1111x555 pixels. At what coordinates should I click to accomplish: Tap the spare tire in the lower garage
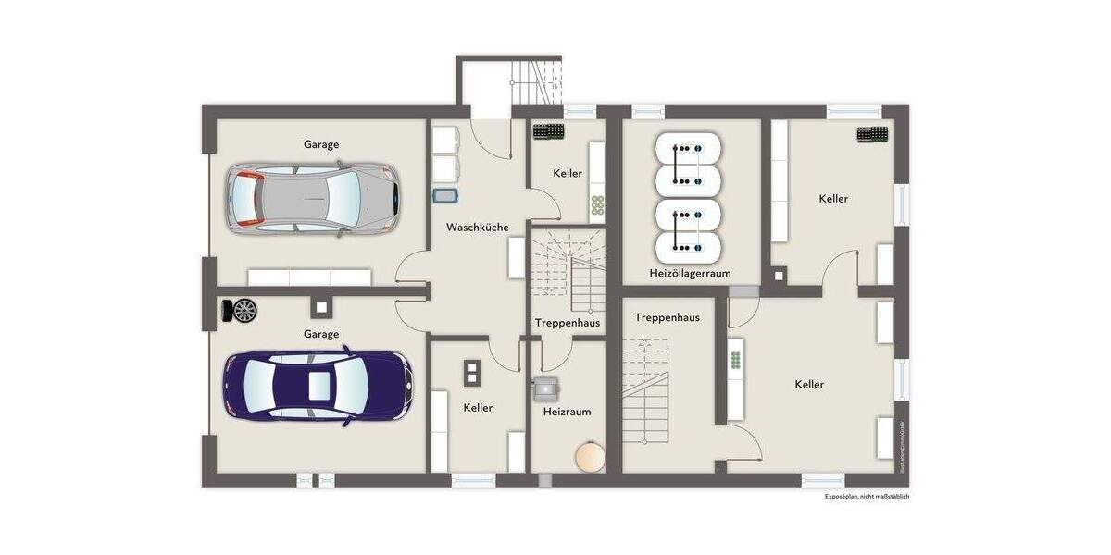245,311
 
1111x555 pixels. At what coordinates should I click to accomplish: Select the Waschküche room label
477,228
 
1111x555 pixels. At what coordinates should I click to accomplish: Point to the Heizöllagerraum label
690,274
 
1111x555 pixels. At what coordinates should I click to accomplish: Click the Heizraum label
567,412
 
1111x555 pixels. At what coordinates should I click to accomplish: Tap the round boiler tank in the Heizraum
589,457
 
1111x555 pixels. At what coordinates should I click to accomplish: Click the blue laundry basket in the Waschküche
445,196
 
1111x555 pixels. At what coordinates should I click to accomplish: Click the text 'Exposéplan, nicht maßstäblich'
867,497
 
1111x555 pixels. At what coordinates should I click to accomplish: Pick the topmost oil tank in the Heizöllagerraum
688,148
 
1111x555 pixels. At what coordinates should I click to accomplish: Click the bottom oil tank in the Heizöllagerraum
688,245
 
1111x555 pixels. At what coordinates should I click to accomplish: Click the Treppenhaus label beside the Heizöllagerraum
667,317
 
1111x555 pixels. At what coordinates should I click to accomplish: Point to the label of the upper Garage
320,144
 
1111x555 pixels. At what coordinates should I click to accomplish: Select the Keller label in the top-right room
833,199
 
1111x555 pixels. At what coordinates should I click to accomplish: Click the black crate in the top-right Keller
872,134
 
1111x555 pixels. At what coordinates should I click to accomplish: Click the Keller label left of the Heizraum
478,408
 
